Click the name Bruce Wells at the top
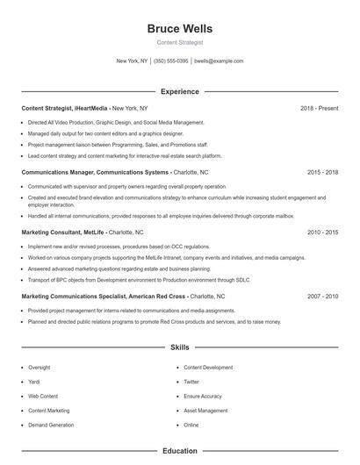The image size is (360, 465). [x=180, y=29]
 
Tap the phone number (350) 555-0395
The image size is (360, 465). [x=171, y=61]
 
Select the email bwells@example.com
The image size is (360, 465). [x=219, y=61]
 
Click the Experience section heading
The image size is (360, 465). [x=180, y=91]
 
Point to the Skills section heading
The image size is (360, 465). [x=180, y=347]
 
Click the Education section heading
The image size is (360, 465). [x=180, y=451]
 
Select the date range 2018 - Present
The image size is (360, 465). [x=319, y=108]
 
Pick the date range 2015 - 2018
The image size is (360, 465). [x=322, y=173]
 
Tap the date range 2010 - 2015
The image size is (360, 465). [x=322, y=232]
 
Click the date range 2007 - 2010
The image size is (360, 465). [x=322, y=297]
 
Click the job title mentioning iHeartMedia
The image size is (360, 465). [x=66, y=108]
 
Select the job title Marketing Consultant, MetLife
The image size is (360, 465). [x=63, y=232]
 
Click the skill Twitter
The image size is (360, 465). [x=192, y=382]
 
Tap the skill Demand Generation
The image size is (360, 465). [x=51, y=425]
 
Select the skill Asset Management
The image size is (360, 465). [x=205, y=410]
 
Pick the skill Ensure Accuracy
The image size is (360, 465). [x=203, y=396]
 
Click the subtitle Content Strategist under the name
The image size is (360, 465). [x=180, y=42]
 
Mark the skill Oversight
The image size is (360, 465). [x=40, y=368]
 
